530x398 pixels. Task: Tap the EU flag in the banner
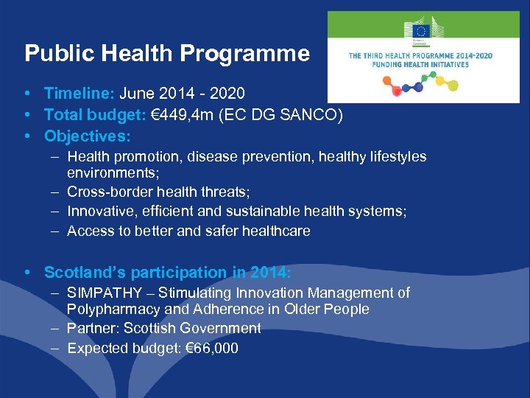point(420,31)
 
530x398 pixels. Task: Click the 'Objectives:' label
point(88,136)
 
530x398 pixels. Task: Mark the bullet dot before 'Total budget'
point(27,115)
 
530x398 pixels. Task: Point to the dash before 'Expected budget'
point(56,348)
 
